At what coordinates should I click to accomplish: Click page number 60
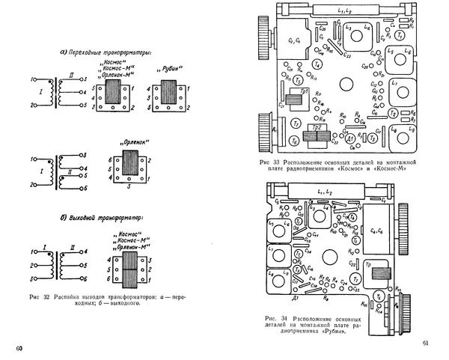(20, 349)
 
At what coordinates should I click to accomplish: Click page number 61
(424, 344)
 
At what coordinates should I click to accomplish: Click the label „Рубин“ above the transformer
(165, 69)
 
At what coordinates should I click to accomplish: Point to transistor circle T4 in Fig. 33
(317, 66)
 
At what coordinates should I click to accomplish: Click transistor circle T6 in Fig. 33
(294, 140)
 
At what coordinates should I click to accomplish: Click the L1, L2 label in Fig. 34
(326, 194)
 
